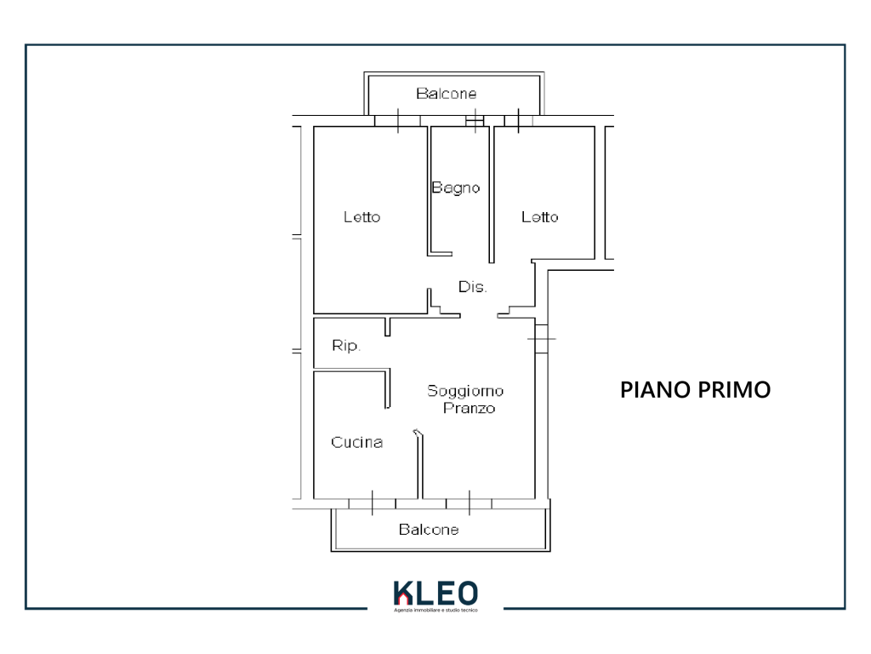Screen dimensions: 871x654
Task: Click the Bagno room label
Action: [456, 188]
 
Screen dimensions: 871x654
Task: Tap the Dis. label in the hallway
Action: [472, 287]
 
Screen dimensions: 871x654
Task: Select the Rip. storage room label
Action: [346, 346]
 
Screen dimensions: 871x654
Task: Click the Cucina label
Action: [356, 442]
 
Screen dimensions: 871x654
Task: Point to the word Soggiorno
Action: [465, 391]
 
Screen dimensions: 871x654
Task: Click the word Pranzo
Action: [470, 408]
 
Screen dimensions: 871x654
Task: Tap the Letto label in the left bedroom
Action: [361, 217]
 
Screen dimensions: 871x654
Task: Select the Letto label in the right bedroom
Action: [539, 217]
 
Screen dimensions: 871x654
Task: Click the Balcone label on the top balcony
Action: [446, 94]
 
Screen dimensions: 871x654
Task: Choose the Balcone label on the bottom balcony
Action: [429, 530]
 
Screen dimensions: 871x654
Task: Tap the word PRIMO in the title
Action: [734, 390]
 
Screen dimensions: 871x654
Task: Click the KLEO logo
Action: [436, 594]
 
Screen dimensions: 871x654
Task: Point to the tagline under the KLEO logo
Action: [436, 610]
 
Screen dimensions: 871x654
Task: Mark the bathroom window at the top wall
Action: [475, 121]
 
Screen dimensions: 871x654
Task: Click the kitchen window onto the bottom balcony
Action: [373, 504]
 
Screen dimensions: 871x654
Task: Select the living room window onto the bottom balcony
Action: [469, 504]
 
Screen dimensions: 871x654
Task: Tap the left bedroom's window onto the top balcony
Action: [398, 121]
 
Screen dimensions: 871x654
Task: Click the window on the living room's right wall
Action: [542, 338]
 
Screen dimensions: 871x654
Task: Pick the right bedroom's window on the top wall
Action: [518, 121]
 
